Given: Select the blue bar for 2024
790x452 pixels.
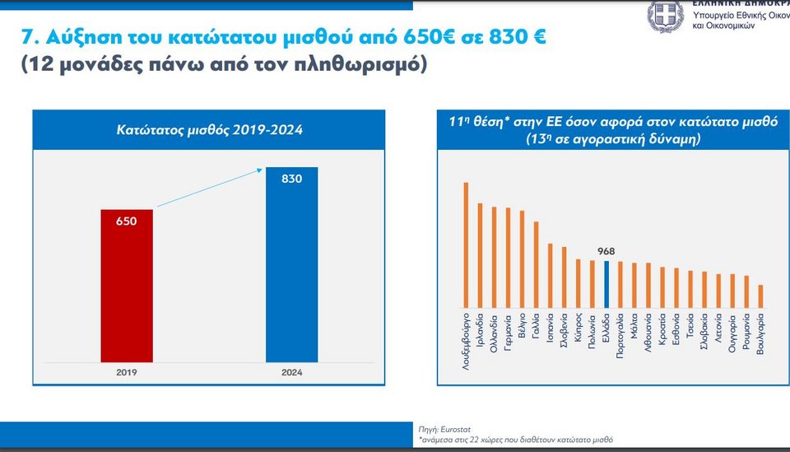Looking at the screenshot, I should pos(291,264).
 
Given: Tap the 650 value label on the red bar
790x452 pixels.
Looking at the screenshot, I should pos(126,221).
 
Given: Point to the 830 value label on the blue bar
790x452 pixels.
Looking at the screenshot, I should pos(291,178).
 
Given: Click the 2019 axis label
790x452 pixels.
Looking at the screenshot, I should pos(126,372).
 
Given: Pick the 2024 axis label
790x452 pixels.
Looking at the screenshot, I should pos(291,372).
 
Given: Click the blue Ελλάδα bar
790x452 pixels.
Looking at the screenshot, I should pos(606,283).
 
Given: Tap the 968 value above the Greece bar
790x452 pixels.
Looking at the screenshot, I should pos(606,251).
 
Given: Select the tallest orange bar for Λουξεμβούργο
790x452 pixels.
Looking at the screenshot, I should pos(466,244).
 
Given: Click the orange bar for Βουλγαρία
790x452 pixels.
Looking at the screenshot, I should pos(760,295).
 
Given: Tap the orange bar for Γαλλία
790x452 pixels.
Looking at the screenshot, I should pos(536,263).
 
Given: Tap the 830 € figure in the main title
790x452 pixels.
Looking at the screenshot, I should pos(507,37).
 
